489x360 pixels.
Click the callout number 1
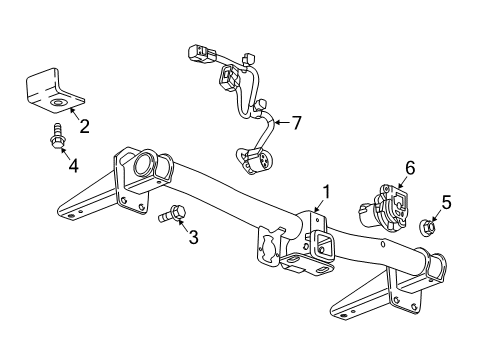pyautogui.click(x=323, y=191)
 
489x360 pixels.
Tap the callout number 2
pyautogui.click(x=84, y=126)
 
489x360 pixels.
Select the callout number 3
pyautogui.click(x=193, y=237)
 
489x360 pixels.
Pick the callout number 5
pyautogui.click(x=446, y=203)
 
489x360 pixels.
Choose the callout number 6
pyautogui.click(x=408, y=170)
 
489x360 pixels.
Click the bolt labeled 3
pyautogui.click(x=172, y=213)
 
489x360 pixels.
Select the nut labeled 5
pyautogui.click(x=426, y=226)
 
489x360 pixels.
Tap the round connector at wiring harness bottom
pyautogui.click(x=246, y=158)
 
